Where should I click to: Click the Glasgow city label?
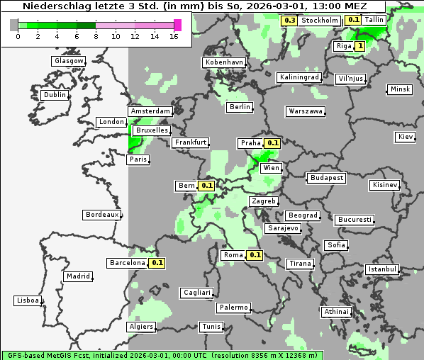[69, 61]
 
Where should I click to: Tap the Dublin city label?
[55, 95]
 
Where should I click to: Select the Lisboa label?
[28, 300]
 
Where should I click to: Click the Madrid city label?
[77, 276]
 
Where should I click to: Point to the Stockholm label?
[319, 21]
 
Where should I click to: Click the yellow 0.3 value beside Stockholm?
[289, 21]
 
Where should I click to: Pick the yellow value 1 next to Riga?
[360, 46]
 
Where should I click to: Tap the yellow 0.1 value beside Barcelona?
[157, 263]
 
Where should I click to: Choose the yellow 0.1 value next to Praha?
[273, 143]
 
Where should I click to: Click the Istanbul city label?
[382, 269]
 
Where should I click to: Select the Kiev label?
[406, 137]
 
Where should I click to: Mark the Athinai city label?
[336, 312]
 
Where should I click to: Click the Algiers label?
[140, 327]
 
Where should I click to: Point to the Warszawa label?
[306, 111]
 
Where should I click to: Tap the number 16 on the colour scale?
[174, 36]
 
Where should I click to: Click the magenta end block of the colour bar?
[177, 25]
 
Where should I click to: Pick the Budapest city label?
[326, 177]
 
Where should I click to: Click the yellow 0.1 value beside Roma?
[255, 255]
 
